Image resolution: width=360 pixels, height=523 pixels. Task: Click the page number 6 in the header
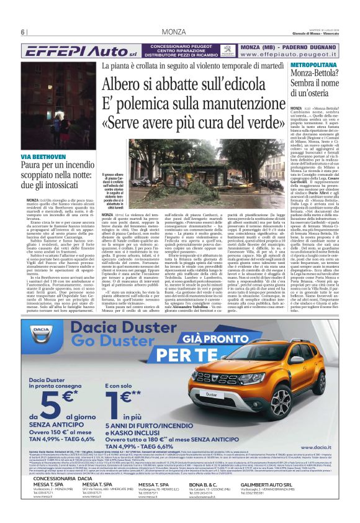(x=23, y=32)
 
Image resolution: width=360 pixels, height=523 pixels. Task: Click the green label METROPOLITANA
(x=313, y=65)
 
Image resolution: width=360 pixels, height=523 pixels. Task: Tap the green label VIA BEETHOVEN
(x=43, y=157)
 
